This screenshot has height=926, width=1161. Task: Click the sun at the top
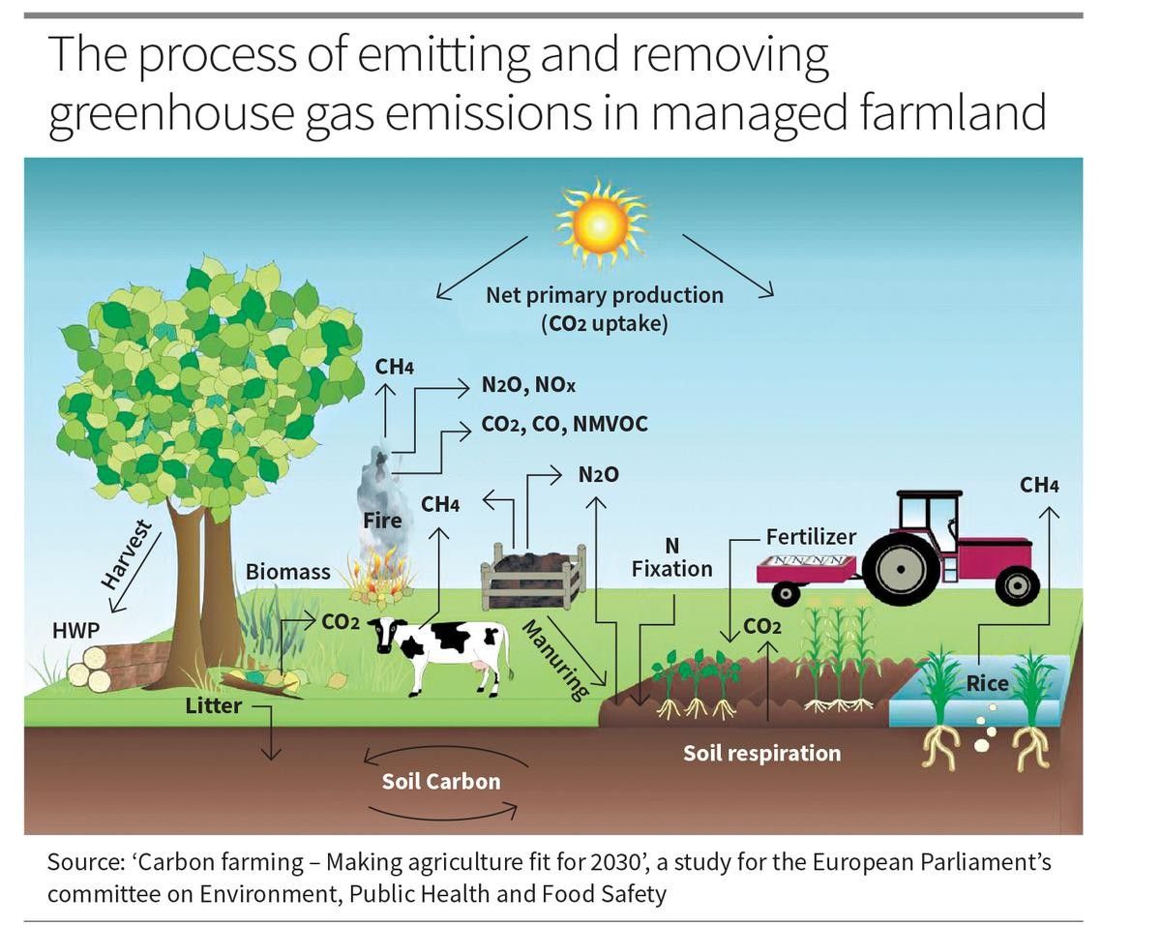coord(600,225)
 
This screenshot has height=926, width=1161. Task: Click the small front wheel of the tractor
coord(1016,584)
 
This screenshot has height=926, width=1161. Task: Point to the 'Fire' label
coord(382,522)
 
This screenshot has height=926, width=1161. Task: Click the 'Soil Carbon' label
coord(441,781)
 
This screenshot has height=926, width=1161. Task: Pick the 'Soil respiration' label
coord(761,752)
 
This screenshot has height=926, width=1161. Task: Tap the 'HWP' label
coord(75,629)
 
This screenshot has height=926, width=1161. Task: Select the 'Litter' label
coord(213,705)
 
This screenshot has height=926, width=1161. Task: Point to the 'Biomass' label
coord(287,572)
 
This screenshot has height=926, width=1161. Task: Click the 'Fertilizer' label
coord(811,536)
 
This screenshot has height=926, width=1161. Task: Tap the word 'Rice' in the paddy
coord(987,683)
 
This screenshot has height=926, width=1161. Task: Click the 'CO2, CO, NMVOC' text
coord(564,424)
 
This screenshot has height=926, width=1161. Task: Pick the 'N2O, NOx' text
coord(527,385)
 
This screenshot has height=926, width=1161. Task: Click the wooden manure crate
coord(533,579)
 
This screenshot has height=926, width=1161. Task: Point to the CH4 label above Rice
coord(1038,485)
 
